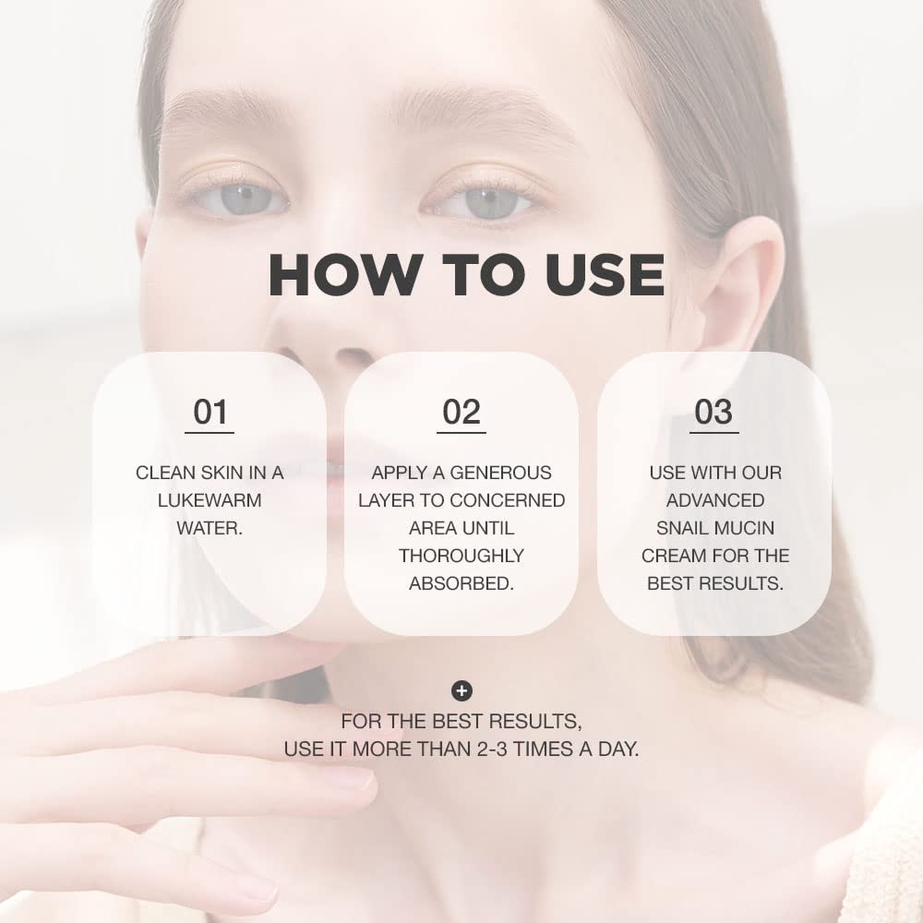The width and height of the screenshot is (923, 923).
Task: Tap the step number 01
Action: pos(210,413)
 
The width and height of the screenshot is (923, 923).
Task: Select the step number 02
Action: pos(461,413)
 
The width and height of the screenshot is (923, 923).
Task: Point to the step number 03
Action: pos(713,413)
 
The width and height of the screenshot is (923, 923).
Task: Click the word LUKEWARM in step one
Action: pos(210,500)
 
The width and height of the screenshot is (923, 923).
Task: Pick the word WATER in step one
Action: pos(210,528)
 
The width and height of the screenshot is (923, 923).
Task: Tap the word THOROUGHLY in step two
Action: pos(461,556)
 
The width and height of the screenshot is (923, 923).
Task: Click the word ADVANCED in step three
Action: pos(714,500)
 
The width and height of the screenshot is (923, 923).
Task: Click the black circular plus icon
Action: pos(461,690)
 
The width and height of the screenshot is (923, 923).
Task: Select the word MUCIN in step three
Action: pos(743,528)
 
